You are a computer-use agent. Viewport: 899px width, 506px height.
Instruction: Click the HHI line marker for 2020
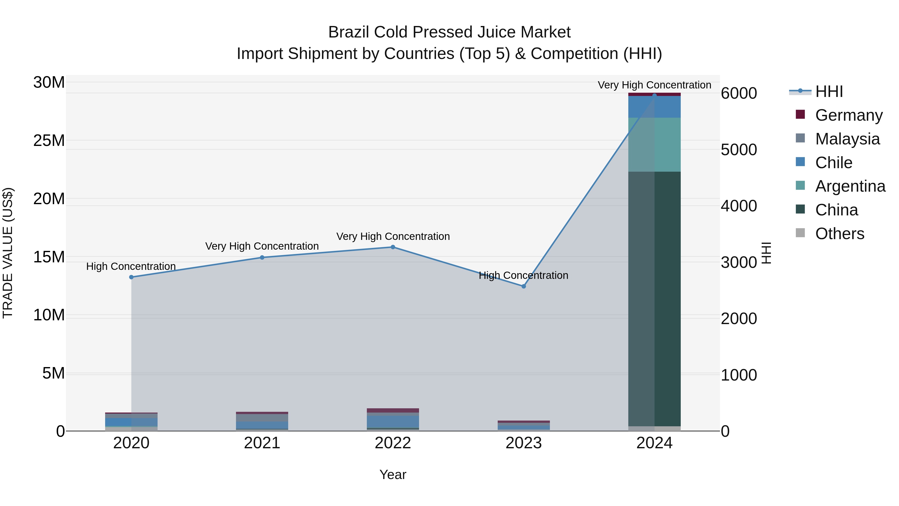(131, 277)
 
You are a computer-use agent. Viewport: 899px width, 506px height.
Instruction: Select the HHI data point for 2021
(262, 257)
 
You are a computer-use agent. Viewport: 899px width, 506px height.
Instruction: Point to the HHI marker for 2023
(523, 286)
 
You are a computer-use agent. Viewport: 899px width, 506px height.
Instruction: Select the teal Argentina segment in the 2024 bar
(654, 145)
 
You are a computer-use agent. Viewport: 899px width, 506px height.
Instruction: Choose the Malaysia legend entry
(847, 139)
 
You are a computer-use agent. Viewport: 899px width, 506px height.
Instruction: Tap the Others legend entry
(839, 234)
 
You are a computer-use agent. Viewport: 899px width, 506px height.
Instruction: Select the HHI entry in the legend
(829, 91)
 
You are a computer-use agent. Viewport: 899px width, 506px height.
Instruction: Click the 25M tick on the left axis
(49, 141)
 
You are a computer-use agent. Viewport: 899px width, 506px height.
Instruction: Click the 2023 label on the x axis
(523, 443)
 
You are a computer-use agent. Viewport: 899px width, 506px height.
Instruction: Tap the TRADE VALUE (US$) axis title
(8, 253)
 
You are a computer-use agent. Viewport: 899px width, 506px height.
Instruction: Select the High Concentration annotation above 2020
(131, 266)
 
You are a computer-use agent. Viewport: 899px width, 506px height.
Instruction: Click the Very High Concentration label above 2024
(654, 85)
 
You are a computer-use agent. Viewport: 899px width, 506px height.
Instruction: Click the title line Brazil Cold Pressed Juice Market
(449, 32)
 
